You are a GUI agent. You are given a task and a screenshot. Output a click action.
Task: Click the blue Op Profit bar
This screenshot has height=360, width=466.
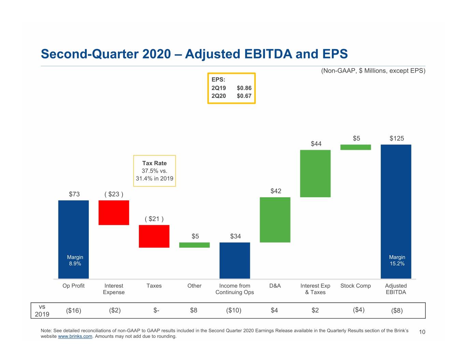[x=73, y=239]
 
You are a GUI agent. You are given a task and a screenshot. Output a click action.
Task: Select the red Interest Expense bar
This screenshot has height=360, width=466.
[x=114, y=213]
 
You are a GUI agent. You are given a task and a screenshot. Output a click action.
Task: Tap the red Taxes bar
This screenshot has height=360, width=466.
[x=154, y=236]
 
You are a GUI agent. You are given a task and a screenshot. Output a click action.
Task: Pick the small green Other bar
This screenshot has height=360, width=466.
[x=194, y=245]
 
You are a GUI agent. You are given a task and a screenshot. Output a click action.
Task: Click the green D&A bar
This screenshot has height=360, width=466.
[x=275, y=220]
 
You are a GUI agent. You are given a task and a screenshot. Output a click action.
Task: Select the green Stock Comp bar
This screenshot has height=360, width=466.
[x=355, y=147]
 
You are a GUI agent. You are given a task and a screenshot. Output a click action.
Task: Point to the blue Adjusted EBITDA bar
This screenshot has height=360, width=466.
[x=396, y=212]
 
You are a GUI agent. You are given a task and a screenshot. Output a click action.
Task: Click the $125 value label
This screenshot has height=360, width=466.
[x=397, y=139]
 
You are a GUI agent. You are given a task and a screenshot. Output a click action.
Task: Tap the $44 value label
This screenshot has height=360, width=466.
[x=316, y=144]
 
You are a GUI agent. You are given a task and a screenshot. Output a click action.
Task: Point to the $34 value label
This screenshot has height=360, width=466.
[x=236, y=236]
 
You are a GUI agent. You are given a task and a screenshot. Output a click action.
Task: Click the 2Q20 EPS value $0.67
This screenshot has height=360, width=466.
[x=244, y=96]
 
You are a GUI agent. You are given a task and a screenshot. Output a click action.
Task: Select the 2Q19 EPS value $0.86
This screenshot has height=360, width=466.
[x=244, y=88]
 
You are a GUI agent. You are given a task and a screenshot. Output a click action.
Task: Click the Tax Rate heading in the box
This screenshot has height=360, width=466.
[x=154, y=163]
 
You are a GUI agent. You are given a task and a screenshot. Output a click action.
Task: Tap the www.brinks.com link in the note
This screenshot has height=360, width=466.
[x=75, y=336]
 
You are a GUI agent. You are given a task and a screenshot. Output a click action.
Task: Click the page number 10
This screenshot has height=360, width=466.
[x=422, y=332]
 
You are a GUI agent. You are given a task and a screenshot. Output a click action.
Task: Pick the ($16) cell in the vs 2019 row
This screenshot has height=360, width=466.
[x=73, y=311]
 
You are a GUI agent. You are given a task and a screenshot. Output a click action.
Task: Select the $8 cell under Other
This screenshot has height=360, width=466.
[x=194, y=310]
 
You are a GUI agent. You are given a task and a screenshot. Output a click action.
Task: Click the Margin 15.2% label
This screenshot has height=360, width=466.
[x=397, y=260]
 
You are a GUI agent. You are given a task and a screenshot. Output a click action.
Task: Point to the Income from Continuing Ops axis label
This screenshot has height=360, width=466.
[x=235, y=289]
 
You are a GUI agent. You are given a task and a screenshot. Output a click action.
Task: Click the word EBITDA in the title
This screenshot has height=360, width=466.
[x=268, y=54]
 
